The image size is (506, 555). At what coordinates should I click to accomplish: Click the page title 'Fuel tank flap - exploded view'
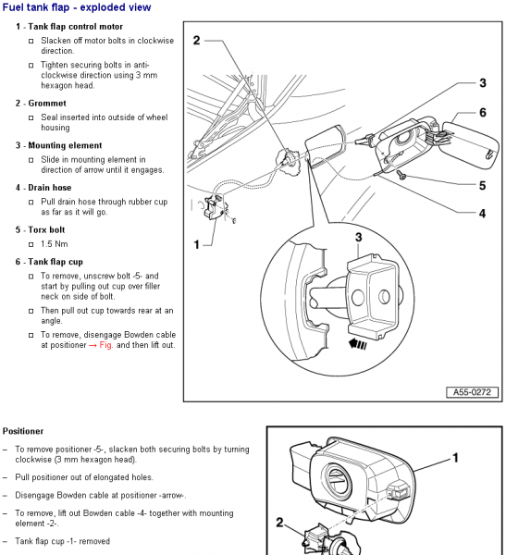tap(77, 7)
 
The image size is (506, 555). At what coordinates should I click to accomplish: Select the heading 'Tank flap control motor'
tap(76, 27)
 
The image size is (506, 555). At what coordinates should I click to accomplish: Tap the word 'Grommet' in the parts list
tap(47, 104)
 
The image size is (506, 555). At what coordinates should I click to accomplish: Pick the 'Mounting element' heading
tap(65, 145)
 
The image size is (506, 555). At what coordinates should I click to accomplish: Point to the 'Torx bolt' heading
tap(46, 230)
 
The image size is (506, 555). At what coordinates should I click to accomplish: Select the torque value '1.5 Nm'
tap(55, 244)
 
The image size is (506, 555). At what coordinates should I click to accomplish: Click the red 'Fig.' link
tap(106, 345)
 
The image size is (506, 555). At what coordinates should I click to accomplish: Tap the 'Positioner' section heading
tap(23, 431)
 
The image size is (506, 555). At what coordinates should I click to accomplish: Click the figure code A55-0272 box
tap(472, 392)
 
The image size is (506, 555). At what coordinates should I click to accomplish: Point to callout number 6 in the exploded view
tap(483, 113)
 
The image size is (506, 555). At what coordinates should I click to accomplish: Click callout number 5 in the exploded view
tap(483, 186)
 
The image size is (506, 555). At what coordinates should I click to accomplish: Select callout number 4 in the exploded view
tap(482, 214)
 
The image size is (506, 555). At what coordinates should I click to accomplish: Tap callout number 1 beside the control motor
tap(197, 244)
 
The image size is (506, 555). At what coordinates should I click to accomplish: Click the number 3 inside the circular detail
tap(359, 237)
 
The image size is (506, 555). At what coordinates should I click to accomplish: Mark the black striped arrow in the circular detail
tap(358, 344)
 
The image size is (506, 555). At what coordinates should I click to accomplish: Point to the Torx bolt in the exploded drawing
tap(401, 175)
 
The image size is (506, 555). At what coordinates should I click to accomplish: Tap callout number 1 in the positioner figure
tap(455, 458)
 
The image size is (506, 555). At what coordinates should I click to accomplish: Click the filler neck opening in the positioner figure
tap(338, 480)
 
